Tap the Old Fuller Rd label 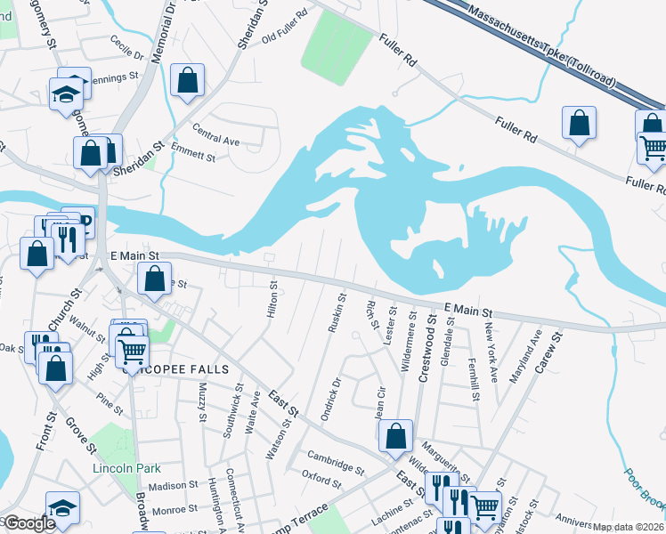click(x=284, y=27)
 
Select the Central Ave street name click(x=215, y=141)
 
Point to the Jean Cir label click(x=381, y=400)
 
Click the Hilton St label click(x=273, y=299)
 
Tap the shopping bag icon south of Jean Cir click(x=395, y=437)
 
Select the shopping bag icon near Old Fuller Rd click(x=188, y=80)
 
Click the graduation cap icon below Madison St click(x=62, y=508)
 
